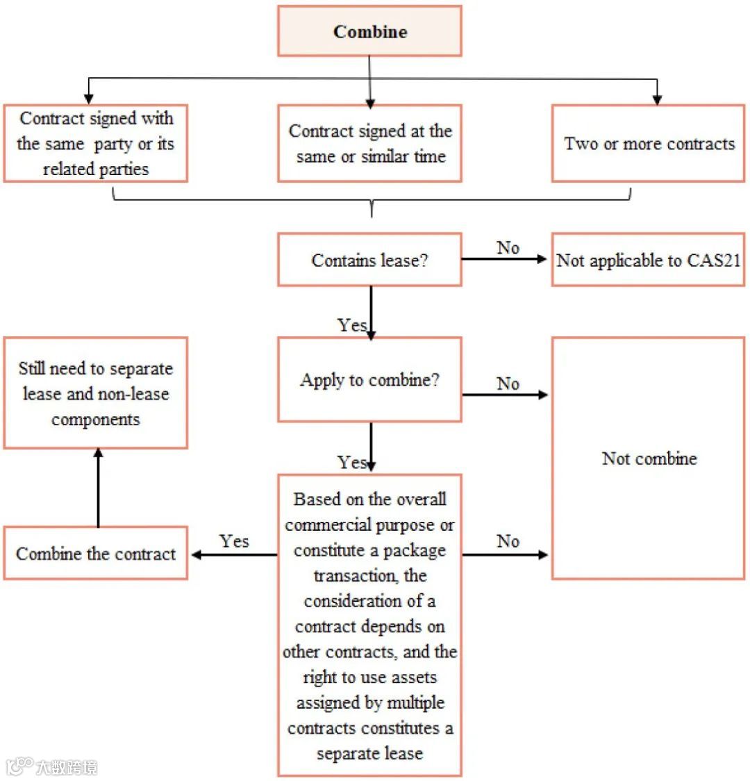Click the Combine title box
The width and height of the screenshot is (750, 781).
tap(369, 31)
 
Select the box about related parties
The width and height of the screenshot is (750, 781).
tap(96, 143)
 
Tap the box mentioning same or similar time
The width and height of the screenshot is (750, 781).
tap(369, 143)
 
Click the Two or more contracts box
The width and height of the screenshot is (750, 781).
tap(648, 143)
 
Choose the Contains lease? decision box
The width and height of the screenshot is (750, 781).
tap(369, 260)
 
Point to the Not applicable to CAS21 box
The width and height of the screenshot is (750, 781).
tap(648, 260)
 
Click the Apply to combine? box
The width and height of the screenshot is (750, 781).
tap(369, 380)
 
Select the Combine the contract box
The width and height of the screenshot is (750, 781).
tap(96, 554)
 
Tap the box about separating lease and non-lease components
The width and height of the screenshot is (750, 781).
tap(96, 393)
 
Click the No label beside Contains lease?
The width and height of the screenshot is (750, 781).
tap(508, 247)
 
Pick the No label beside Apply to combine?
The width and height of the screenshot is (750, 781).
tap(508, 384)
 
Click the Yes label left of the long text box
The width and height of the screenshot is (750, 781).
tap(234, 541)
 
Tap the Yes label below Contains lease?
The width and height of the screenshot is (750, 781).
tap(351, 324)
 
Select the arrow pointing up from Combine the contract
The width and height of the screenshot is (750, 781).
tap(98, 486)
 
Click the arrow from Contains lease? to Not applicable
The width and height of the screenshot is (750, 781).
tap(505, 259)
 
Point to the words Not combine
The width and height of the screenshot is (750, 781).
tap(649, 459)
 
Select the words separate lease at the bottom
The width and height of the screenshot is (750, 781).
tap(369, 753)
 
